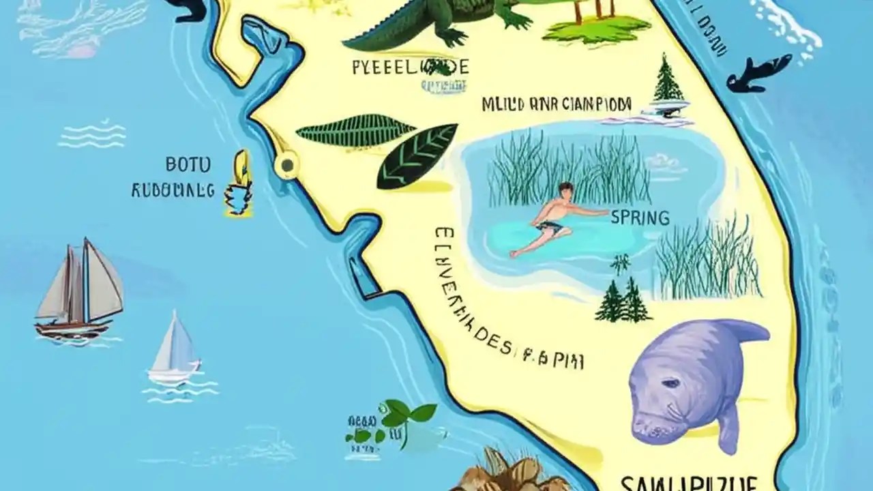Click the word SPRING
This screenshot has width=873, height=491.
(x=640, y=218)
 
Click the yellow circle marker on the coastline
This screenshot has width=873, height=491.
(x=286, y=164)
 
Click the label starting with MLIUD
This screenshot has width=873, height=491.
(x=557, y=104)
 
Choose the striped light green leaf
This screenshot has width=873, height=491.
(x=355, y=133)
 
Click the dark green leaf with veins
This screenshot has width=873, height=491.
(x=417, y=155)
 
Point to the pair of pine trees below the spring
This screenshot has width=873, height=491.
(x=623, y=300)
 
